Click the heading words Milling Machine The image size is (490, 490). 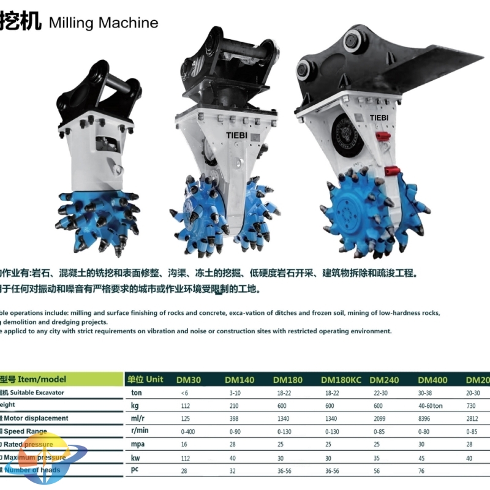[x=102, y=23]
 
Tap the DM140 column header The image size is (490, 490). [x=239, y=380]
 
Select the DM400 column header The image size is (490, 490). [x=433, y=380]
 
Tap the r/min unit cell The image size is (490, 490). [x=140, y=431]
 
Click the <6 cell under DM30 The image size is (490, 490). [x=185, y=393]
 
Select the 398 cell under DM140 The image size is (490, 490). [x=231, y=418]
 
